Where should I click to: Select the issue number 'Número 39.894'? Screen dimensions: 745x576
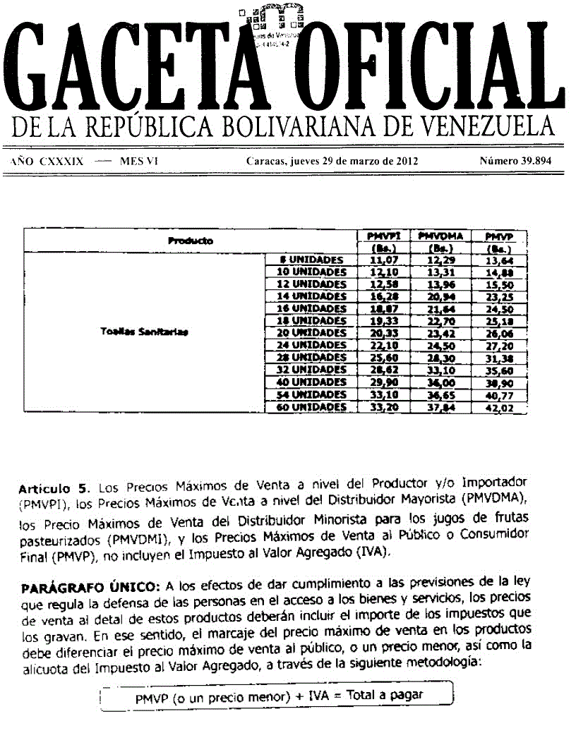click(x=515, y=161)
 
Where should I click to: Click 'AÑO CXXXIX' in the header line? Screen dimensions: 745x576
click(x=47, y=161)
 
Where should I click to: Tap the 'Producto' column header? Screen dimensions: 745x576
click(x=191, y=241)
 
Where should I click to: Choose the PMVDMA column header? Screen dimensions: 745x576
click(x=440, y=236)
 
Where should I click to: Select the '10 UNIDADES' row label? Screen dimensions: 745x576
click(x=311, y=272)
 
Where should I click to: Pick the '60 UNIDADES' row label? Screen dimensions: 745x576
click(x=311, y=407)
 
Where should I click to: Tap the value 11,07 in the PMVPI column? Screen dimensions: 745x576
click(x=380, y=260)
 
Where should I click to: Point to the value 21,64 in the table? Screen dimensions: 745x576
click(x=440, y=309)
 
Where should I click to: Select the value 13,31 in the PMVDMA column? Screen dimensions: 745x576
click(x=440, y=272)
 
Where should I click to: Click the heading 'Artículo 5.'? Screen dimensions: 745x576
click(x=56, y=487)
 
